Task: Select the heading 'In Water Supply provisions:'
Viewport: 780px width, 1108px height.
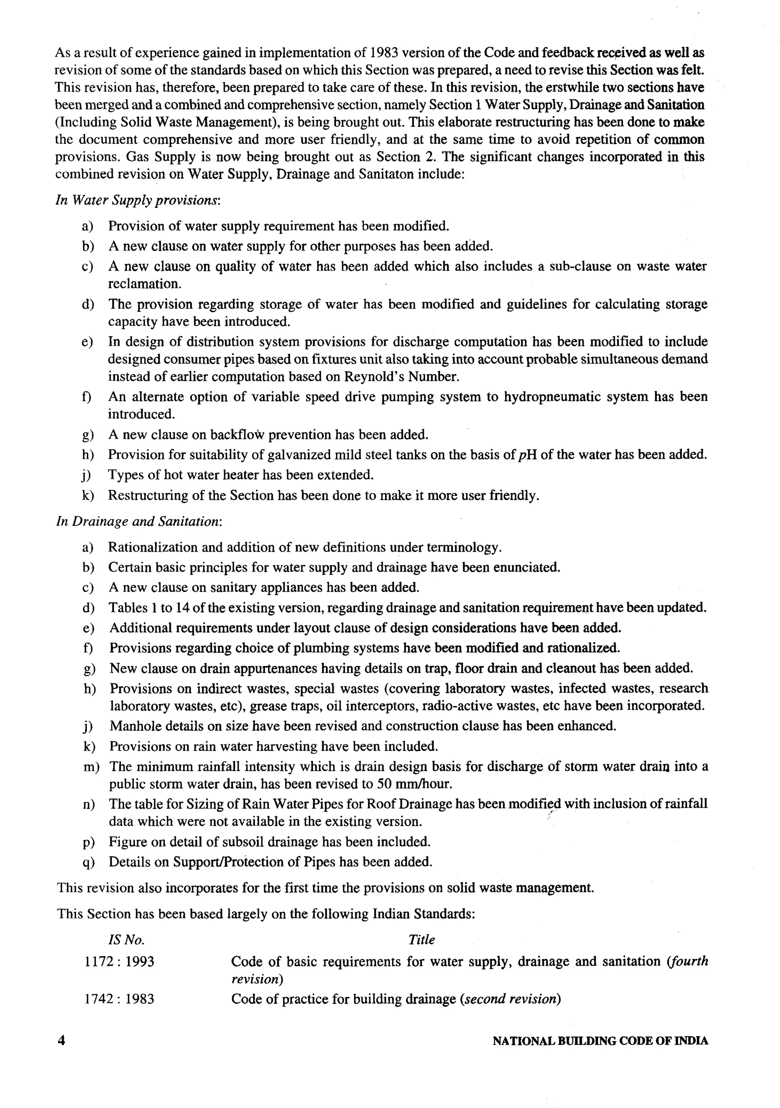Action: click(x=138, y=200)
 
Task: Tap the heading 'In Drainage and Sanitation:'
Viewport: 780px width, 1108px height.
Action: click(x=139, y=521)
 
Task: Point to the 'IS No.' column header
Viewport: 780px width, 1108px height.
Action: click(x=126, y=940)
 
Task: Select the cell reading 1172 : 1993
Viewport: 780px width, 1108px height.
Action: click(x=119, y=961)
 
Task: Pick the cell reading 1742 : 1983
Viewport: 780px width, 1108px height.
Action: click(x=119, y=998)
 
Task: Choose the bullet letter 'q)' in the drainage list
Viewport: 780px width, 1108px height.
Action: click(x=89, y=862)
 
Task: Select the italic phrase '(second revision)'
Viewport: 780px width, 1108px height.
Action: click(x=510, y=998)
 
